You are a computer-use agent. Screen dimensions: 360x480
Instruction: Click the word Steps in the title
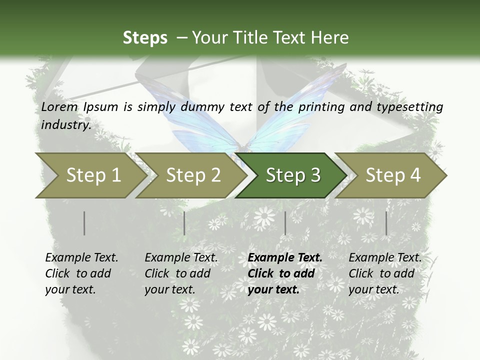145,37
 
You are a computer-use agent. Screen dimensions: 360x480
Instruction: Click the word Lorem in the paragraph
59,106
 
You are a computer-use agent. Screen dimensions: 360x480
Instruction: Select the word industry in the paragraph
66,124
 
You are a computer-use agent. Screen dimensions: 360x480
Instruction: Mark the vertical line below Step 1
84,223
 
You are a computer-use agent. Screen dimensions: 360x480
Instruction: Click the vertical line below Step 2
184,223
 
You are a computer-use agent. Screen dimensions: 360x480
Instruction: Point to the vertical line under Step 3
285,223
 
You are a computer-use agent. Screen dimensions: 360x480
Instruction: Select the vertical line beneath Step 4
386,223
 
